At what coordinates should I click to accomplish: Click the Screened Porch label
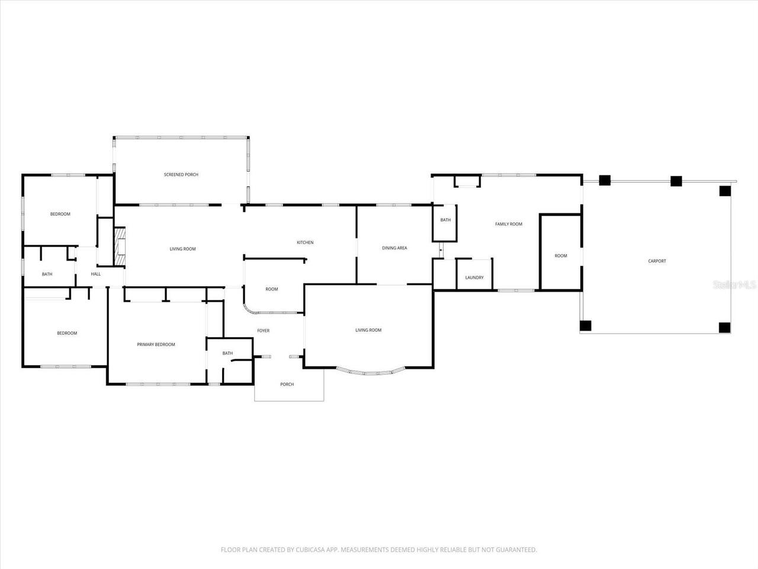click(x=181, y=175)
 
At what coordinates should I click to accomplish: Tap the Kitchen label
click(x=305, y=242)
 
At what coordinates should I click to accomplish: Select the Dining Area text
click(x=394, y=248)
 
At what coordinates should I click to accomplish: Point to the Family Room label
click(x=508, y=224)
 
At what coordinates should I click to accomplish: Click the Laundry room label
click(x=474, y=277)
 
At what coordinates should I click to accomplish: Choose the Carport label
click(x=657, y=261)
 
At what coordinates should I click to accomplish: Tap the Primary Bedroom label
click(x=156, y=344)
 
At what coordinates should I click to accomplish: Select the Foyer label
click(x=263, y=331)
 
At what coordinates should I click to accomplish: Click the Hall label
click(x=95, y=274)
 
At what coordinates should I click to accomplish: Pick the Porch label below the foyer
click(x=287, y=385)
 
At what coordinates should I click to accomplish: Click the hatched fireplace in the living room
click(x=120, y=246)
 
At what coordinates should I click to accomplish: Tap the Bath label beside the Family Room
click(x=445, y=220)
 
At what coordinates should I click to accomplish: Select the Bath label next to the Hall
click(x=47, y=274)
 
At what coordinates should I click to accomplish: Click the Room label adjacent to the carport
click(x=560, y=256)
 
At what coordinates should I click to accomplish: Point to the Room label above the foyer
click(x=271, y=289)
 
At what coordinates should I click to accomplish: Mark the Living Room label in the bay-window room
click(x=368, y=330)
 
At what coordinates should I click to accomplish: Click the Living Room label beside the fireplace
click(x=182, y=249)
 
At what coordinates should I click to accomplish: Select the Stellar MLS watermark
click(x=734, y=284)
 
